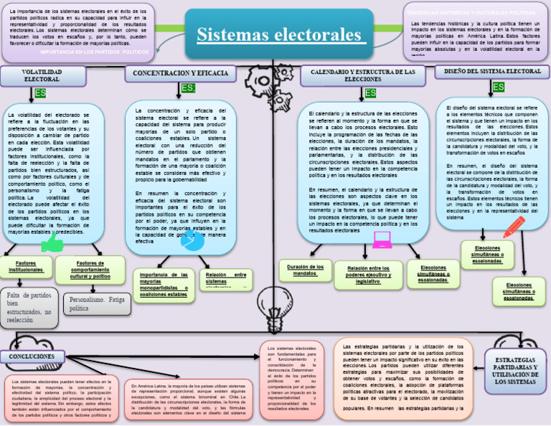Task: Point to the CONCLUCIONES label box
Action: [x=32, y=356]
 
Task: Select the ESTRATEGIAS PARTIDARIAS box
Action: [x=515, y=369]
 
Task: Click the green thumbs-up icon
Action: [x=52, y=243]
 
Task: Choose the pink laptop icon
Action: [x=382, y=240]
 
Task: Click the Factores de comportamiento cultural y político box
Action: [x=90, y=268]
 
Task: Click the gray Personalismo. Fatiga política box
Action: [x=97, y=303]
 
